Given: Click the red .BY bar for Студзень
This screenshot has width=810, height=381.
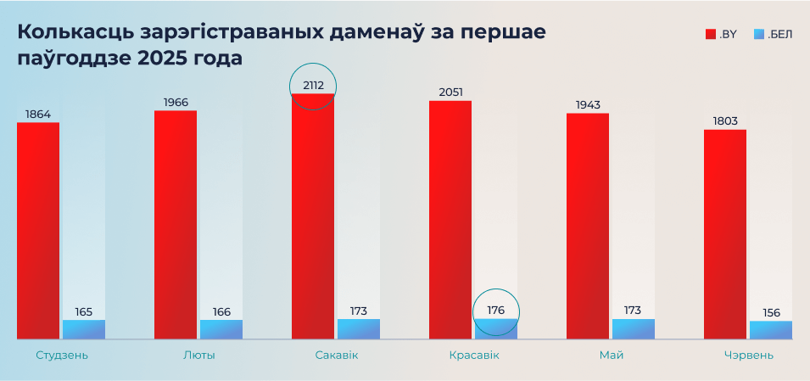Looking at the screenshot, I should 38,231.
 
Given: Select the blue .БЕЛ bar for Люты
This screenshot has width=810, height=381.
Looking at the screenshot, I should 221,329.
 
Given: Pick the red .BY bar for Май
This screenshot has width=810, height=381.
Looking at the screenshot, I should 588,226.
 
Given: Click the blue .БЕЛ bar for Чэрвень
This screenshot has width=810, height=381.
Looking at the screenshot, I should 770,330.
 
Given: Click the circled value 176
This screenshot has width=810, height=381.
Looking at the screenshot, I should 496,311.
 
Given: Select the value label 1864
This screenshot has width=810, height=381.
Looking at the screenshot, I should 38,114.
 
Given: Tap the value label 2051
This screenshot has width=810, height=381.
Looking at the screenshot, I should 450,92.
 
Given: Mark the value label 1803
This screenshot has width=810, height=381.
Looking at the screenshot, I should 725,120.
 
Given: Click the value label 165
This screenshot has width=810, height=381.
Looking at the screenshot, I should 84,311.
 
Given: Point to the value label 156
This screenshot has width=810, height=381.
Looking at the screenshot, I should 770,312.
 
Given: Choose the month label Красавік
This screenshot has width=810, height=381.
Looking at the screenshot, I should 473,355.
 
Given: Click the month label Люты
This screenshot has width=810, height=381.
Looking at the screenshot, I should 198,355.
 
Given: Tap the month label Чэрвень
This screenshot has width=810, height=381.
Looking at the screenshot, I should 747,355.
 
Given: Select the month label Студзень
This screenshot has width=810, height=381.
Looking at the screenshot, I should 61,355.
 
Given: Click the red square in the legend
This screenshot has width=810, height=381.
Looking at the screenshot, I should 711,35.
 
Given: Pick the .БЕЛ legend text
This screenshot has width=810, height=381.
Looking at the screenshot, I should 779,35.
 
